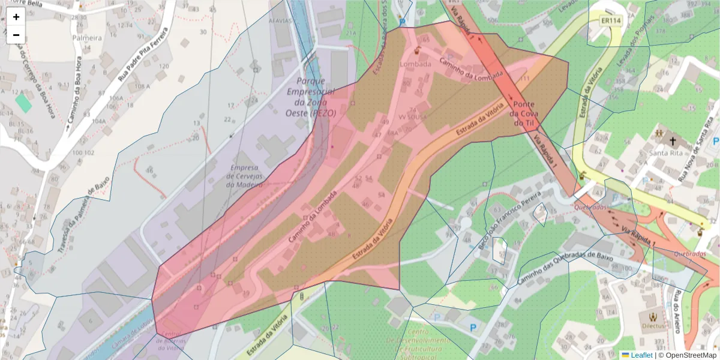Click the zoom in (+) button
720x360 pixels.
(16, 17)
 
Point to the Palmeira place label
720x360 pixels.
(87, 38)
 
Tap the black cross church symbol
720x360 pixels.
(673, 142)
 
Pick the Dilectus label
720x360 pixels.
(653, 326)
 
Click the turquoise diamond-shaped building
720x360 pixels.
(23, 102)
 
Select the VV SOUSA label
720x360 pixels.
(413, 117)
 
